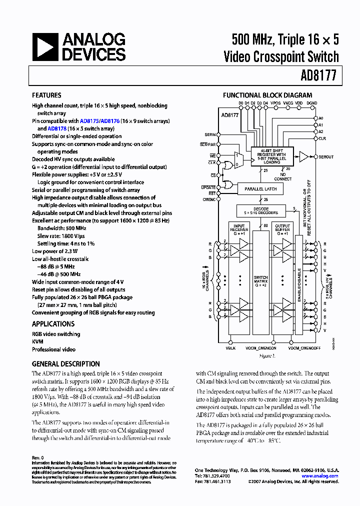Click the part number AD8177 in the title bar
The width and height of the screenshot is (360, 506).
click(x=318, y=76)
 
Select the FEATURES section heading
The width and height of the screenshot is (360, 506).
click(x=46, y=95)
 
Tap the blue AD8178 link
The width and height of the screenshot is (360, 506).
click(x=57, y=128)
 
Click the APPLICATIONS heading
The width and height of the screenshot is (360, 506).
click(x=53, y=324)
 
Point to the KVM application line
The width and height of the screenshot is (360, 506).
click(x=37, y=342)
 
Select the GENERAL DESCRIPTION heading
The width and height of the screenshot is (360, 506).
click(x=65, y=364)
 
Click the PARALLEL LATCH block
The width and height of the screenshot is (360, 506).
click(x=260, y=189)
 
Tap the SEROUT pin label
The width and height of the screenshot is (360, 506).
click(x=326, y=156)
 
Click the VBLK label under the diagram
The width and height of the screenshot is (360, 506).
click(x=230, y=348)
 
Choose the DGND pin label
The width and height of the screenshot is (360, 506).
click(x=311, y=103)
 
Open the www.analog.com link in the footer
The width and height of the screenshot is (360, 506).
click(x=323, y=476)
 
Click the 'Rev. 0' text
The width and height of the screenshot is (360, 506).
click(x=38, y=457)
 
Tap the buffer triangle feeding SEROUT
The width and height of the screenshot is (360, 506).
click(x=303, y=156)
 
